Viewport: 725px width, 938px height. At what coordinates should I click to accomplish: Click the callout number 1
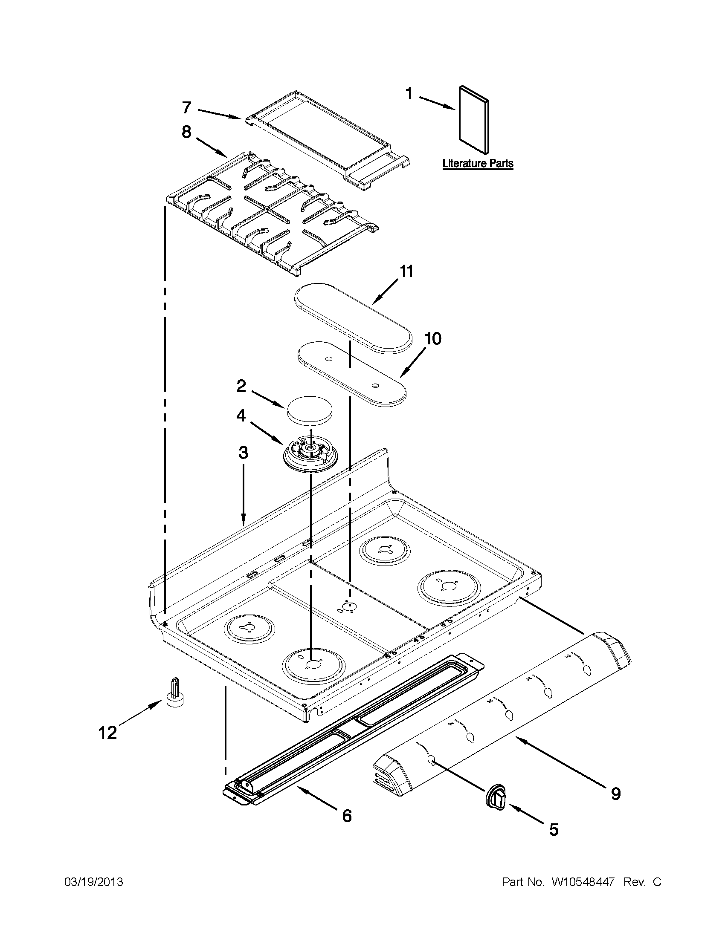pyautogui.click(x=409, y=94)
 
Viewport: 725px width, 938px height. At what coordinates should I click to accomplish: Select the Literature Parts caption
pyautogui.click(x=478, y=164)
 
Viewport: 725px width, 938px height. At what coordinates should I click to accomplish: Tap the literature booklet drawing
pyautogui.click(x=473, y=119)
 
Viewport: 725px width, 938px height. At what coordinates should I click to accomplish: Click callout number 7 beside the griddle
pyautogui.click(x=186, y=107)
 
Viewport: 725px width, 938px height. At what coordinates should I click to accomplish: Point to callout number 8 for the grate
pyautogui.click(x=186, y=132)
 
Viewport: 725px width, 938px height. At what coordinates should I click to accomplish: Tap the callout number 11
pyautogui.click(x=406, y=271)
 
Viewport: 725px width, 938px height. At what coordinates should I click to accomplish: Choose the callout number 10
pyautogui.click(x=433, y=339)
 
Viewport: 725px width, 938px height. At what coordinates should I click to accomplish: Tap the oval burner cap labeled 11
pyautogui.click(x=352, y=317)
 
